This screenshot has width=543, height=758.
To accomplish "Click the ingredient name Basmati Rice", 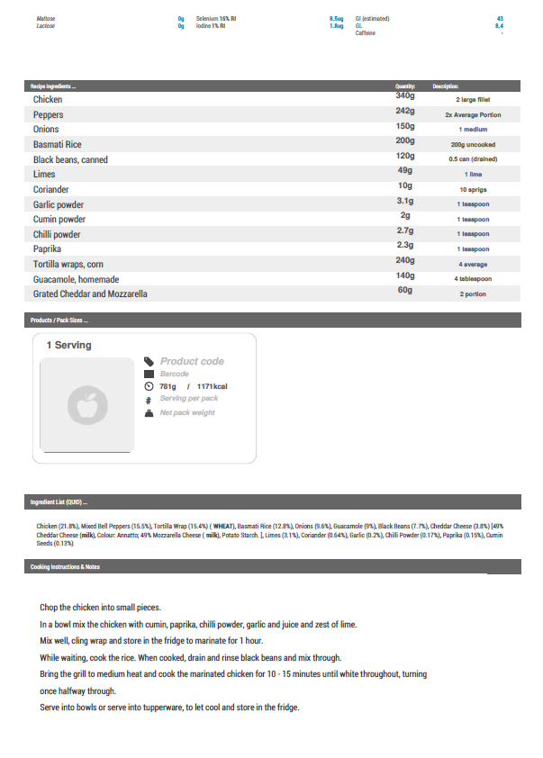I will pos(58,144).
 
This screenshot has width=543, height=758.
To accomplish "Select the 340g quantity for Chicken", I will pos(404,95).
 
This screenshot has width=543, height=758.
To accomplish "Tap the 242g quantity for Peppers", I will pos(404,111).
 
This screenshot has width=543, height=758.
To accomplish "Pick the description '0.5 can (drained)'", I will pos(473,159).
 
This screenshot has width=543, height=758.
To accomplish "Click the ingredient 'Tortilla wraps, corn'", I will pos(69,264).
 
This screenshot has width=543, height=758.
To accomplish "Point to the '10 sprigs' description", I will pos(473,190).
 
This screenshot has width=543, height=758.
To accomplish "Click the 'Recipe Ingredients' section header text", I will pos(53,86).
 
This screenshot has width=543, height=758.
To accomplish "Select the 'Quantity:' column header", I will pos(404,86).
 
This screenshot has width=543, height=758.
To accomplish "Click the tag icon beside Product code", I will pos(149,361).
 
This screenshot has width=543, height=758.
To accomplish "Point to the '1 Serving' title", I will pos(69,345).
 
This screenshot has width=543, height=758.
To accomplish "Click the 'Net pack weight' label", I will pos(187,412).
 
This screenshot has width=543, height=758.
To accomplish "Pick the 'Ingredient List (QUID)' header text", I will pos(59,502).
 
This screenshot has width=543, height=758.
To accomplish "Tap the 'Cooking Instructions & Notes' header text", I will pos(65,567).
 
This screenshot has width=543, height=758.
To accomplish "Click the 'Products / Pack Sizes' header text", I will pos(59,320).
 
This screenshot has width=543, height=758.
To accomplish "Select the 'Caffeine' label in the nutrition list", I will pos(366,33).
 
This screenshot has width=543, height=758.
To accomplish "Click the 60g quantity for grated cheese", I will pos(404,290).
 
